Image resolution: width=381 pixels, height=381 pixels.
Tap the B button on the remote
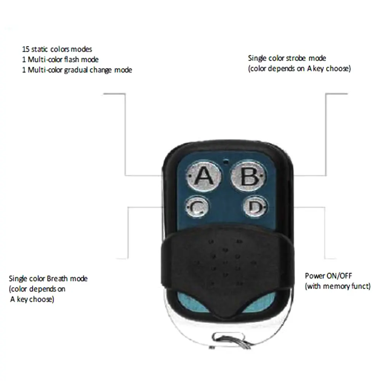click(x=248, y=176)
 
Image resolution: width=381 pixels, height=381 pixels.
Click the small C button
click(x=197, y=207)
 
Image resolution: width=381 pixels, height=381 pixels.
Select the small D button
click(x=255, y=207)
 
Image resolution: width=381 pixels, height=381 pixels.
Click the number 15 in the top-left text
click(x=26, y=50)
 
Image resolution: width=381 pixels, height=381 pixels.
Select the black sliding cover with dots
click(x=225, y=263)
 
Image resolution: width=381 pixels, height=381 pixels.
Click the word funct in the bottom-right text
click(x=361, y=286)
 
